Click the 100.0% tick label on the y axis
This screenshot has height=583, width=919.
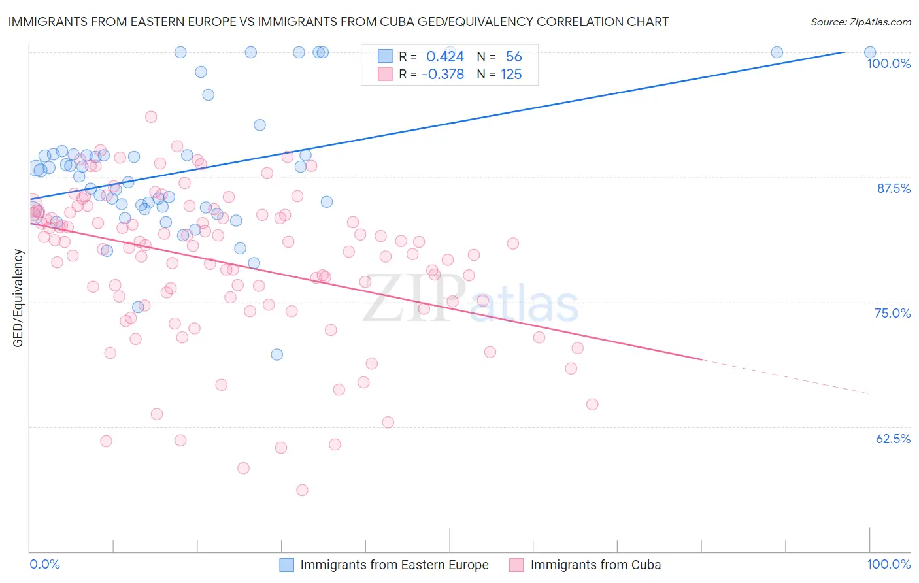coord(888,63)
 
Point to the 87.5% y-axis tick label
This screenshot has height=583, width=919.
coord(894,188)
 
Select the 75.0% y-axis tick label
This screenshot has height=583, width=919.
coord(892,313)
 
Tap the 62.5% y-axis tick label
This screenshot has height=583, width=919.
coord(893,439)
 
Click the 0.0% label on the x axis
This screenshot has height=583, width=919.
coord(44,564)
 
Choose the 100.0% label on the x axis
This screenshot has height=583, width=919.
coord(888,564)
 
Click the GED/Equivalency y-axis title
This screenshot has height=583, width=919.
coord(18,298)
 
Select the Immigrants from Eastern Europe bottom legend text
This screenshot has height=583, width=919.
coord(394,565)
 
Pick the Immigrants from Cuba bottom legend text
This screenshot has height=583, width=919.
coord(595,565)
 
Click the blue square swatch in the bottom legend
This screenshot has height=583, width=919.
coord(287,565)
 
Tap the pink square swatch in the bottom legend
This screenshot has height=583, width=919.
coord(516,565)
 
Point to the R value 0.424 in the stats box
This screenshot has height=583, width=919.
coord(444,57)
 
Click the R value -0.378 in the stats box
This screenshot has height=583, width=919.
coord(443,75)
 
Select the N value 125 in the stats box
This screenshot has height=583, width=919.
coord(511,75)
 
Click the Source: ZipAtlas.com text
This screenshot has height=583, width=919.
coord(860,22)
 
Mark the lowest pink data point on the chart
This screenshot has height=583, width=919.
coord(302,490)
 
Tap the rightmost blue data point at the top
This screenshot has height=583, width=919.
coord(870,52)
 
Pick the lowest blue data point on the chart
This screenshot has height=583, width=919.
coord(277,354)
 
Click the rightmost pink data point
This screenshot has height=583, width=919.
coord(592,404)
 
